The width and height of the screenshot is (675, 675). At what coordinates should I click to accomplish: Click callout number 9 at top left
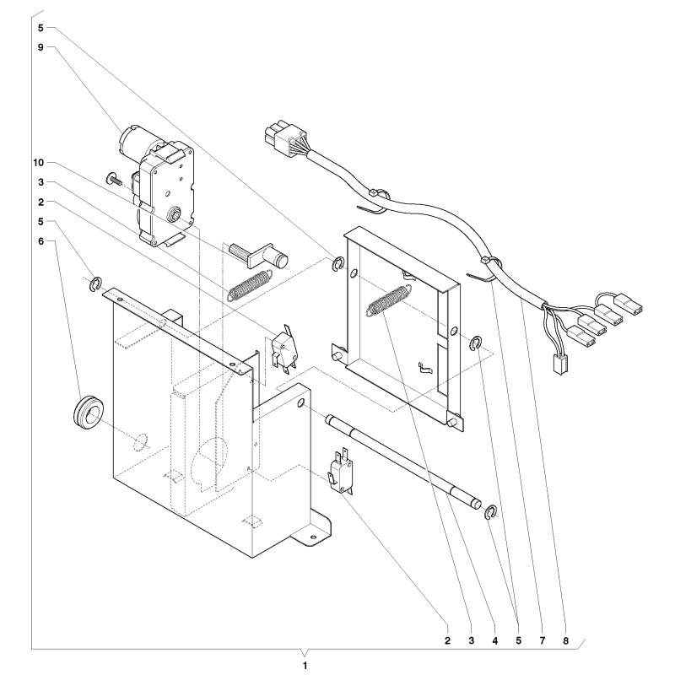(x=40, y=47)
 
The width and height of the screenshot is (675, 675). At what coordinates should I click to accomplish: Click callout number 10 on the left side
(x=38, y=163)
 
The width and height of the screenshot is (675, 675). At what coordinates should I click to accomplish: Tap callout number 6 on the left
(x=40, y=241)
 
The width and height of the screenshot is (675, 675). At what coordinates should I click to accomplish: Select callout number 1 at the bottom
(x=305, y=665)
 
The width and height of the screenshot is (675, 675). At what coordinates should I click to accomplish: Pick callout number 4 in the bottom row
(x=494, y=640)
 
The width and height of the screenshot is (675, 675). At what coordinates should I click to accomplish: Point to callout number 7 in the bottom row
(x=542, y=640)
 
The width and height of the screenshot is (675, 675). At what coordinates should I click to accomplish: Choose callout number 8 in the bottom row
(x=565, y=640)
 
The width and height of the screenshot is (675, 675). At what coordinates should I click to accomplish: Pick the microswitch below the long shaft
(x=341, y=470)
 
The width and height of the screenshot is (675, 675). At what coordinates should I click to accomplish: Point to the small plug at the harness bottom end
(x=559, y=364)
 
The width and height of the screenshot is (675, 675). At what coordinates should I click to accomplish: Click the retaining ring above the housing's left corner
(x=95, y=284)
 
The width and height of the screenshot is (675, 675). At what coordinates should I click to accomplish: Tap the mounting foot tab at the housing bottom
(x=311, y=528)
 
